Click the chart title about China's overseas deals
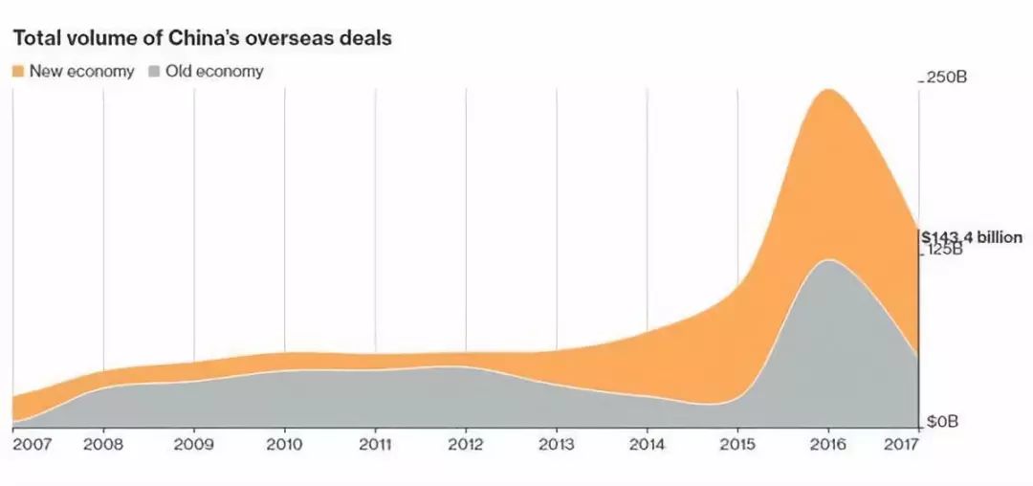pos(203,39)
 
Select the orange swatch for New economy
pos(18,72)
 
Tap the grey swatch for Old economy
pos(154,72)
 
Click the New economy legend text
pos(81,72)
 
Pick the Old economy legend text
pos(214,72)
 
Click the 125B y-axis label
pos(945,251)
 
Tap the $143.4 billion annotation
pos(971,237)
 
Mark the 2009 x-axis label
pos(194,445)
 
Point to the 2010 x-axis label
pos(284,445)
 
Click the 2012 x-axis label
pos(466,445)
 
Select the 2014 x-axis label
pos(647,445)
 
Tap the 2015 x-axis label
pos(737,445)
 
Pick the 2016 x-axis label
pos(828,445)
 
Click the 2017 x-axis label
pos(904,445)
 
